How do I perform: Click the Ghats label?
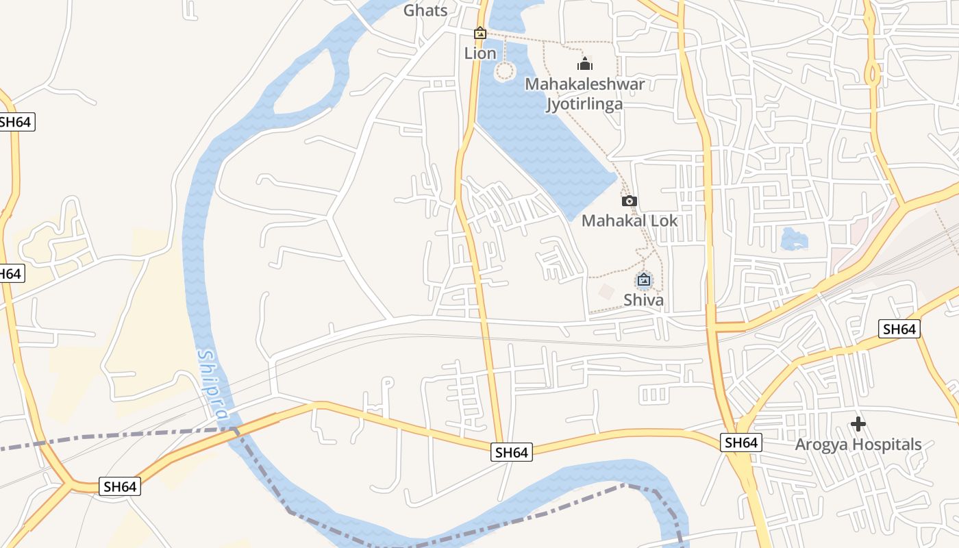coord(425,10)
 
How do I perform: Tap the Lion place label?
coord(480,53)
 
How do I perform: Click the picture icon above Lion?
coord(480,32)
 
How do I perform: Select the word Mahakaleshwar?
coord(584,84)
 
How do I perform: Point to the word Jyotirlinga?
coord(584,104)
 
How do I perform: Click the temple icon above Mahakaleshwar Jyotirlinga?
coord(584,64)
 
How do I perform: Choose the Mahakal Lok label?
coord(629,221)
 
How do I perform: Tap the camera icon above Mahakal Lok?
coord(629,201)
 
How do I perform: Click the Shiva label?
coord(643,300)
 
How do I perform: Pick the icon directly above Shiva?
coord(643,279)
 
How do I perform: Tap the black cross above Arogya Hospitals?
coord(858,424)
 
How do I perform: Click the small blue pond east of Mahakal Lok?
coord(794,239)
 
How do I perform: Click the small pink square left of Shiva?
coord(606,292)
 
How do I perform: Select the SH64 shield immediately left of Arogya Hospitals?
coord(741,443)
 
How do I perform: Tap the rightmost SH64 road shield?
coord(899,329)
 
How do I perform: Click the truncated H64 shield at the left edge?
coord(10,273)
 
